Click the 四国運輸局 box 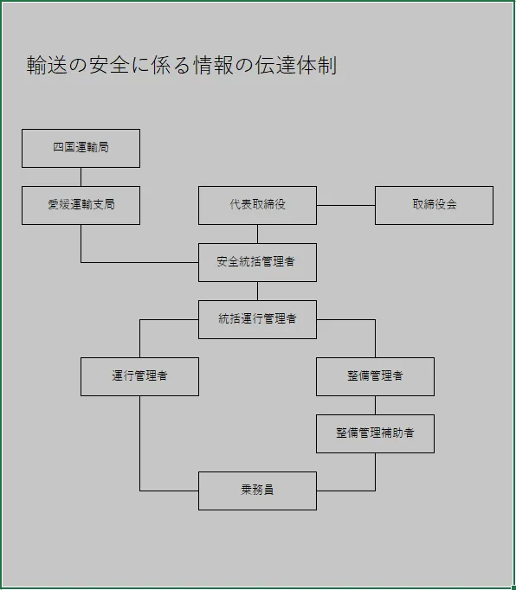click(x=81, y=148)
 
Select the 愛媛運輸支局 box click(x=81, y=205)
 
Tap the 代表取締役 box click(x=257, y=205)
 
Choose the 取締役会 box click(x=434, y=205)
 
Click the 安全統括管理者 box click(x=257, y=262)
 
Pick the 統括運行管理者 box click(x=257, y=319)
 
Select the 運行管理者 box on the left click(x=139, y=376)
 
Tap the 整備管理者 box click(x=375, y=376)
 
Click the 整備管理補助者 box click(x=375, y=433)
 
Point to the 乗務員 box click(x=257, y=491)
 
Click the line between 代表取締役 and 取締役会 click(x=345, y=205)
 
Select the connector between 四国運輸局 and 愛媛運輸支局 click(x=81, y=176)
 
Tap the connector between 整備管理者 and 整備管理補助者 click(x=375, y=405)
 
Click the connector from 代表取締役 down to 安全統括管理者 click(x=257, y=234)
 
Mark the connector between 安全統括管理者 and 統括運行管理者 click(x=257, y=291)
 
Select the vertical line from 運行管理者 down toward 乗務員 click(x=139, y=441)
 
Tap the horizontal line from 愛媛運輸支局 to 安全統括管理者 click(x=139, y=262)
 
